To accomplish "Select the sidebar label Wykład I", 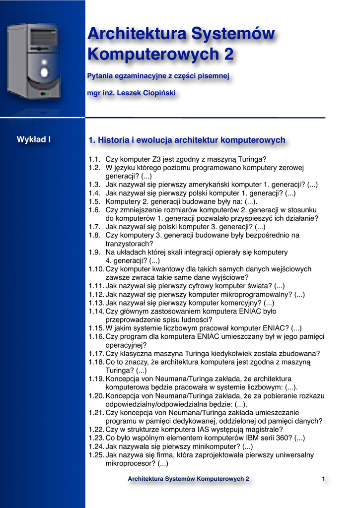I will (34, 139).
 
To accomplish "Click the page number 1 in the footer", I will (323, 479).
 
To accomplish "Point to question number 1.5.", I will (94, 201).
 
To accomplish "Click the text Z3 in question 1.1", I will (158, 159).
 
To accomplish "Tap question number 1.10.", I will (96, 269).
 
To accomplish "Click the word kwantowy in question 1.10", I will (165, 269).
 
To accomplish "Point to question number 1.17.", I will (96, 354).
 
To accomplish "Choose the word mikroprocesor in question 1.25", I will (130, 463).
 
